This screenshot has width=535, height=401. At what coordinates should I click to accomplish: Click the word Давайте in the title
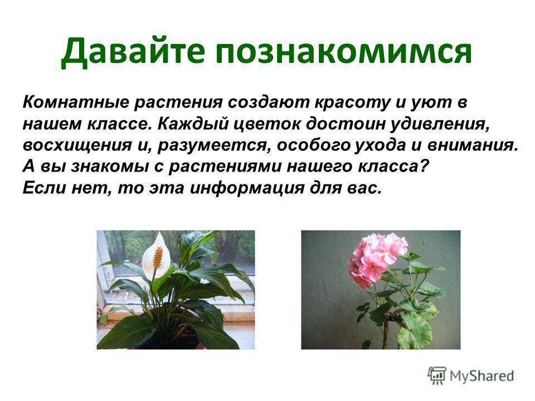coord(133,51)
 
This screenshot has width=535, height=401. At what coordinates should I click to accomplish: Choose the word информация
coord(247,188)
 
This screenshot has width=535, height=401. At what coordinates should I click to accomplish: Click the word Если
coord(45,188)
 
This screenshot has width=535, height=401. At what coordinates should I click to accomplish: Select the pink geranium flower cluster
coord(376,259)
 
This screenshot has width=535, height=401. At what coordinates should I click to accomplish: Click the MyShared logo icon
coord(437,376)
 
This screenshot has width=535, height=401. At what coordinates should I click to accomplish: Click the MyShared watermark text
coord(481,376)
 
